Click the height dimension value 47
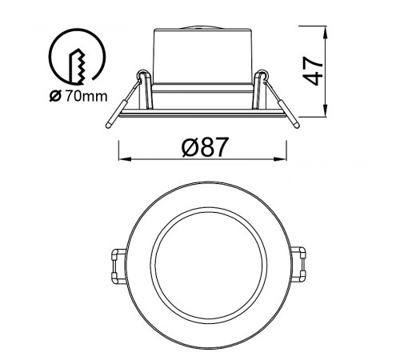pos(313,70)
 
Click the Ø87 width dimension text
pos(206,147)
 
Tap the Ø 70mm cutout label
pos(78,96)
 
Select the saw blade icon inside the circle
pos(78,66)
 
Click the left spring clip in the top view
pos(118,266)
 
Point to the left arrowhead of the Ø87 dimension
pos(126,159)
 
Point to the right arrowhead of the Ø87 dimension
pos(280,159)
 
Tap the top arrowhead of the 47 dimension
pos(326,33)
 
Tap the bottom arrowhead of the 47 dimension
pos(326,110)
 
